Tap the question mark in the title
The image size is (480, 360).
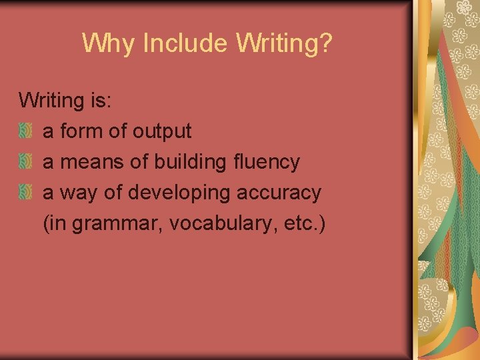(x=325, y=43)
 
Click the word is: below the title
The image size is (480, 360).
(x=99, y=101)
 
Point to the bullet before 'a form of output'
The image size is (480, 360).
(x=25, y=131)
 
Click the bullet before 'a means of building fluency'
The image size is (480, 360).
(x=25, y=162)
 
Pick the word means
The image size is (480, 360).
(x=92, y=162)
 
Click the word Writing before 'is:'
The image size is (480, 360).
(x=50, y=101)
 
